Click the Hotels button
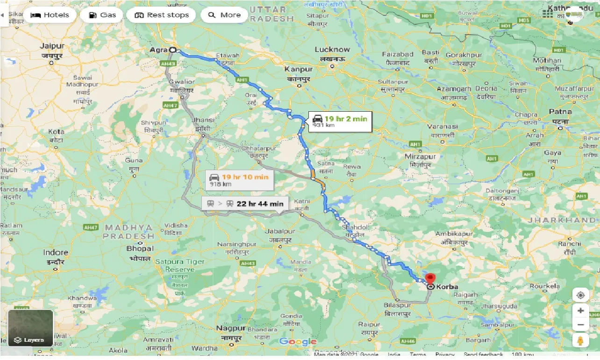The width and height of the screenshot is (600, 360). pyautogui.click(x=50, y=15)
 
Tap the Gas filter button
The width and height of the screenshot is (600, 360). pyautogui.click(x=101, y=15)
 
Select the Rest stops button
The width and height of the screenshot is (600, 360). pyautogui.click(x=161, y=15)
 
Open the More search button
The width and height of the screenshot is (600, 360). pyautogui.click(x=224, y=15)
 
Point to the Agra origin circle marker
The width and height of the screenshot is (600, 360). pyautogui.click(x=172, y=50)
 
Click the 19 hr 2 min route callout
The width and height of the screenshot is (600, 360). pyautogui.click(x=340, y=122)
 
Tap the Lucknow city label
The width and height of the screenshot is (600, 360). pyautogui.click(x=332, y=50)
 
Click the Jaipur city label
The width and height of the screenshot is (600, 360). pyautogui.click(x=52, y=46)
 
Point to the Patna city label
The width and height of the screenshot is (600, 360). pyautogui.click(x=560, y=112)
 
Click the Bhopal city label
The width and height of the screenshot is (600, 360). pyautogui.click(x=139, y=249)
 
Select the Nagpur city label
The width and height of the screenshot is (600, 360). pyautogui.click(x=231, y=328)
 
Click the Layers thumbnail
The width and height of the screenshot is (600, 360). pyautogui.click(x=31, y=328)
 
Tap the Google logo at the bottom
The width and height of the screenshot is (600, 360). pyautogui.click(x=298, y=342)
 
